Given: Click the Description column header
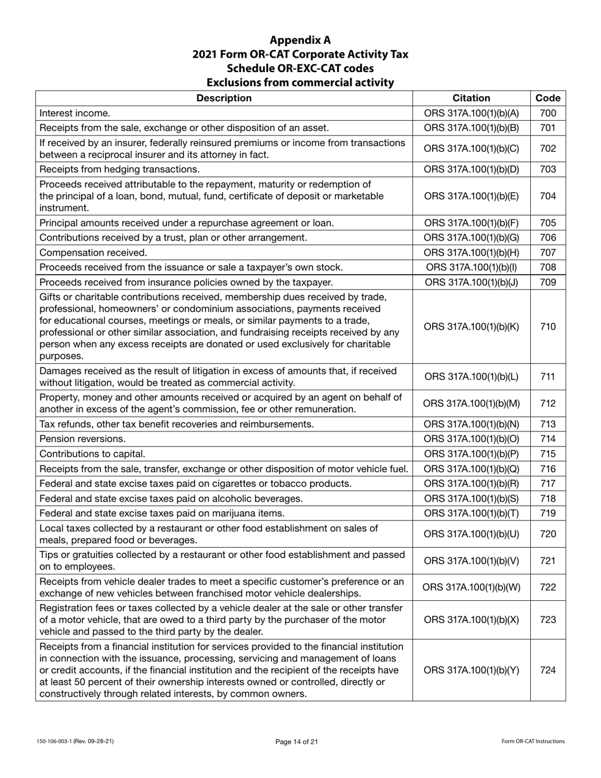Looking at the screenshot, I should pos(224,98).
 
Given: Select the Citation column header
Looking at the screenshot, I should pos(471,98).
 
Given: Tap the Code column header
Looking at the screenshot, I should pos(548,98).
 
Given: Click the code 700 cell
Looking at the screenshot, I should pos(548,113).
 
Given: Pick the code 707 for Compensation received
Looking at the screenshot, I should pos(548,252).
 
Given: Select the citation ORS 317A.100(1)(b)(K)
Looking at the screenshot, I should pos(471,326).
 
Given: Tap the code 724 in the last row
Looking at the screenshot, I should pos(548,669).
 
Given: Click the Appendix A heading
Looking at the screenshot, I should pos(300,40).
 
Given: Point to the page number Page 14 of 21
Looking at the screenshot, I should pos(300,741).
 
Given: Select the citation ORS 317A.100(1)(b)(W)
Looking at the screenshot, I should pos(471,587).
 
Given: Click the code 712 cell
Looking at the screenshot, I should pos(548,403).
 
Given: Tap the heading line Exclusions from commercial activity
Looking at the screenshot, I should pos(300,82).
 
